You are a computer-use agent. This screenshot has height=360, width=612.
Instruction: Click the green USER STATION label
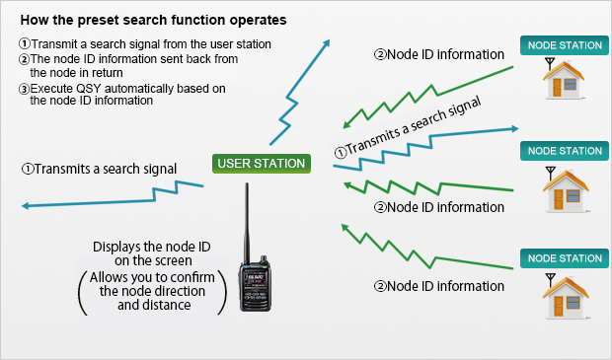pos(262,164)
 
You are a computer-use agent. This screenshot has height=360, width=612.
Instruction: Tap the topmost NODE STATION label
pos(565,45)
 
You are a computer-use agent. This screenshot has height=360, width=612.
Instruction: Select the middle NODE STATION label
pos(565,151)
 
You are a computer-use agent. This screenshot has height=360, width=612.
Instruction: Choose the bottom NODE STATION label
pos(565,258)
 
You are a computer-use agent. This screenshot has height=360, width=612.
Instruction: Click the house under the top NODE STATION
pos(564,80)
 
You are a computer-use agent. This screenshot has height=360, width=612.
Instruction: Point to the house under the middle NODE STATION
pos(566,191)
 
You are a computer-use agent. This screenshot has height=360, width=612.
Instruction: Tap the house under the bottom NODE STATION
pos(566,299)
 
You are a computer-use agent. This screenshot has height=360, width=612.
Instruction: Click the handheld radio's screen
pos(254,280)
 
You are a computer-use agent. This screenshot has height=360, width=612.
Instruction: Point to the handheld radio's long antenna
pos(247,222)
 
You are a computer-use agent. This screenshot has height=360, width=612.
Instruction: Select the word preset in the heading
pos(99,21)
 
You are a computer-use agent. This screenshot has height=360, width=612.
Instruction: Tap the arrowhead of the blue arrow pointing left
pos(25,206)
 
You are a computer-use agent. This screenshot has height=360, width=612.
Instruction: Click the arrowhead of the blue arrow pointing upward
pos(327,43)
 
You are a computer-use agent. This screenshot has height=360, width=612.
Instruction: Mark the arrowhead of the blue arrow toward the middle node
pos(515,128)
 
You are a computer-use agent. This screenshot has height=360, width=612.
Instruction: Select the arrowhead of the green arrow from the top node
pos(346,124)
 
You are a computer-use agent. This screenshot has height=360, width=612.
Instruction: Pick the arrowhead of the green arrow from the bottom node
pos(344,228)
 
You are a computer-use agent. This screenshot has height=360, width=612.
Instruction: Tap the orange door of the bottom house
pos(558,306)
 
